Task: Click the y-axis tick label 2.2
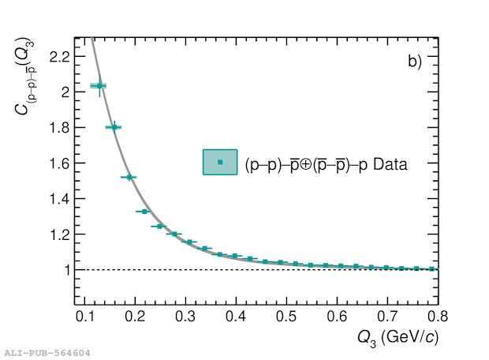coord(59,56)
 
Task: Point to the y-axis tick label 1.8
coord(59,127)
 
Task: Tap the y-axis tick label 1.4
coord(59,199)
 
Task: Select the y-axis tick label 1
coord(66,270)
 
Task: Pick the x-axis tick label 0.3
coord(185,317)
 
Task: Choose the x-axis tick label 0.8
coord(439,317)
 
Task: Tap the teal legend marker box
coord(220,162)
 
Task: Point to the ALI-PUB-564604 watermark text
coord(47,353)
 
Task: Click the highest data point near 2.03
coord(99,85)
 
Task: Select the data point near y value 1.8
coord(114,127)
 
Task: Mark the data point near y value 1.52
coord(129,177)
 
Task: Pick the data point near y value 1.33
coord(144,212)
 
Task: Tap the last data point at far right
coord(431,269)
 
